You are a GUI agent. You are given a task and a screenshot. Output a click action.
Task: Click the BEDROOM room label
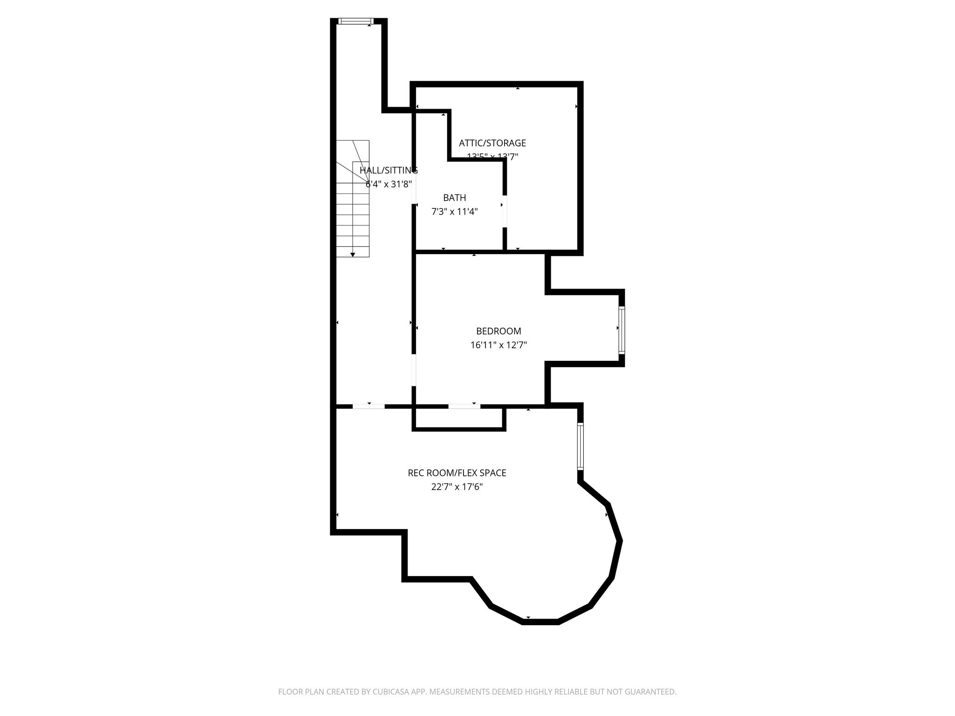(498, 331)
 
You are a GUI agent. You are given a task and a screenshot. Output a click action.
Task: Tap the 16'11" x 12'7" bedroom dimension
(498, 345)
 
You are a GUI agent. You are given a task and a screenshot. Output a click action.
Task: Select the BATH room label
(455, 198)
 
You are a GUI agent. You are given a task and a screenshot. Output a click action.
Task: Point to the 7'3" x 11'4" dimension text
(455, 212)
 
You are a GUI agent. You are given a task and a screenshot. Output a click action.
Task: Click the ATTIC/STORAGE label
(492, 143)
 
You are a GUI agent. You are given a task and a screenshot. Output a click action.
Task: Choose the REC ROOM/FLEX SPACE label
(457, 473)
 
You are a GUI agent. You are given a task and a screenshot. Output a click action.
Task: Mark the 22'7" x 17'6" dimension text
(457, 487)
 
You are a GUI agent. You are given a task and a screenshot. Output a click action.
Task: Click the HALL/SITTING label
(388, 170)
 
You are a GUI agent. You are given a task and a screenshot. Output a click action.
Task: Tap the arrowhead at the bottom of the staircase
(353, 254)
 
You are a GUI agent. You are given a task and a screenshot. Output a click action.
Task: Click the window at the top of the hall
(356, 21)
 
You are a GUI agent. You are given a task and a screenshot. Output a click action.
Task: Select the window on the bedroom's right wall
(622, 330)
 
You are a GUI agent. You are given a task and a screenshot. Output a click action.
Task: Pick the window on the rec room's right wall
(581, 446)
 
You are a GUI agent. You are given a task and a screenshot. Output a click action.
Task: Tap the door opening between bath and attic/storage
(505, 211)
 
